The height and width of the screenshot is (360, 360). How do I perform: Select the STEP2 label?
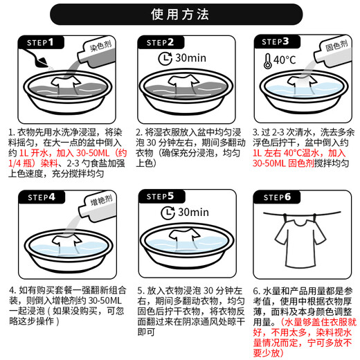(x=161, y=44)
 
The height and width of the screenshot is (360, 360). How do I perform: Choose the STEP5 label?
(x=161, y=197)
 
